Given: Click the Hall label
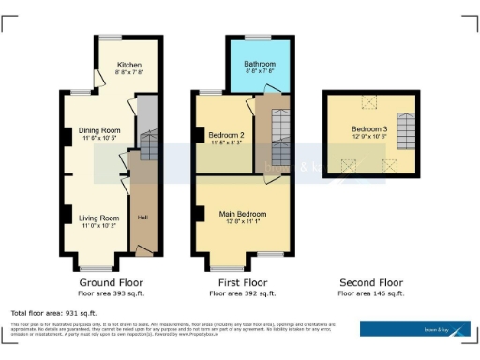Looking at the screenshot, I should [x=142, y=218].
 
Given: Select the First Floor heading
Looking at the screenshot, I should [x=242, y=282].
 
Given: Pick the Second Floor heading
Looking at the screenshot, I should [x=371, y=282].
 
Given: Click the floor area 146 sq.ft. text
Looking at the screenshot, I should [x=371, y=293].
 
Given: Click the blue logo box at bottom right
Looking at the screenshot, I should [x=415, y=329].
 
